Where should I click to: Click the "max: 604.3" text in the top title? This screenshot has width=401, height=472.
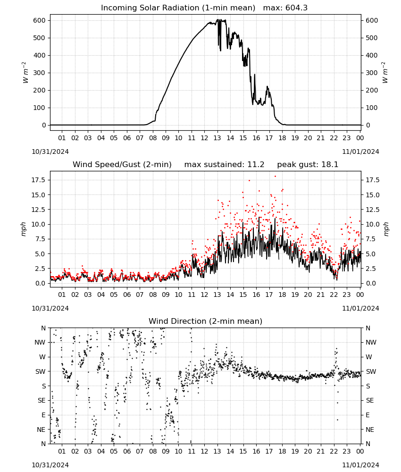pyautogui.click(x=285, y=8)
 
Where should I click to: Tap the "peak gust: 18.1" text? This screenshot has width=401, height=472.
pyautogui.click(x=308, y=165)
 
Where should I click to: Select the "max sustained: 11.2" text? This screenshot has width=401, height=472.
pyautogui.click(x=224, y=165)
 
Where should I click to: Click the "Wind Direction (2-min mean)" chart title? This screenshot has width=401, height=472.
pyautogui.click(x=206, y=321)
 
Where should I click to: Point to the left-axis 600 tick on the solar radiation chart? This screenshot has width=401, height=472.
pyautogui.click(x=40, y=20)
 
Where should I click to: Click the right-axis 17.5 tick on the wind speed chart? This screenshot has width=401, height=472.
pyautogui.click(x=372, y=180)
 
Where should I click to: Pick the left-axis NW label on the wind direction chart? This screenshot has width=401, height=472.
pyautogui.click(x=40, y=342)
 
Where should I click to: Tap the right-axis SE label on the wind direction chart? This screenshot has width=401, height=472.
pyautogui.click(x=370, y=400)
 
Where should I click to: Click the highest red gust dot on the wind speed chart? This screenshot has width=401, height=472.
pyautogui.click(x=275, y=177)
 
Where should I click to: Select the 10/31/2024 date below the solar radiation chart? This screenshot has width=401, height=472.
pyautogui.click(x=50, y=152)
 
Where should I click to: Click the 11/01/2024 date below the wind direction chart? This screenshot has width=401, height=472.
pyautogui.click(x=360, y=465)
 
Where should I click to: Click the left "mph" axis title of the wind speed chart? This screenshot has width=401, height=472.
pyautogui.click(x=24, y=229)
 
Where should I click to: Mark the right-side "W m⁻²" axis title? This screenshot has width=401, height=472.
pyautogui.click(x=385, y=73)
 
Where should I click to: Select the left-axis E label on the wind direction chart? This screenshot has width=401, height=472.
pyautogui.click(x=43, y=415)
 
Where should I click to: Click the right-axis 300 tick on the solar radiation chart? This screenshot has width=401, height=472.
pyautogui.click(x=372, y=73)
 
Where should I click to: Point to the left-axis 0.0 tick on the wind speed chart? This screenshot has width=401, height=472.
pyautogui.click(x=40, y=283)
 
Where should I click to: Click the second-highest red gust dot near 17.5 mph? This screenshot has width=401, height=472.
pyautogui.click(x=249, y=180)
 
